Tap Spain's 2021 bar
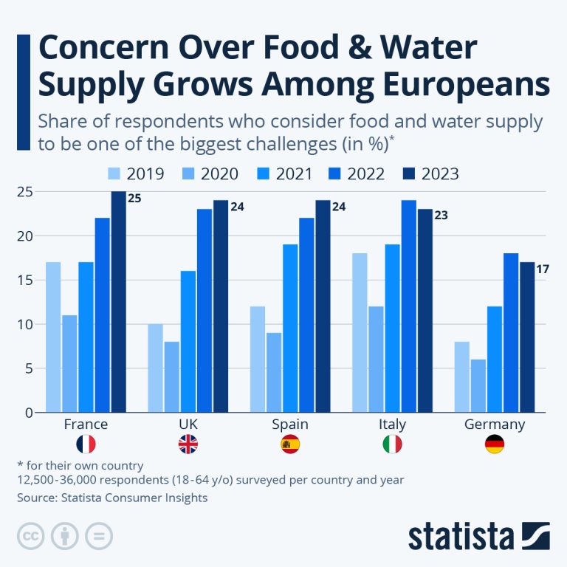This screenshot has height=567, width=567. tap(289, 328)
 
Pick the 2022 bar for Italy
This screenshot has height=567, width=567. tap(408, 306)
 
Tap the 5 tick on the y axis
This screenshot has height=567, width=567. tap(29, 368)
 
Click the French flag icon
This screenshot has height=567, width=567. tap(86, 444)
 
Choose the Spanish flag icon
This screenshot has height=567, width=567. tap(289, 444)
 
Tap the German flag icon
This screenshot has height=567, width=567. tap(495, 444)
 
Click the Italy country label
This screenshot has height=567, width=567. tap(392, 425)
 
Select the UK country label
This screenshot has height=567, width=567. tap(188, 425)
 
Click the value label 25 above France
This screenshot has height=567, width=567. tap(135, 199)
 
